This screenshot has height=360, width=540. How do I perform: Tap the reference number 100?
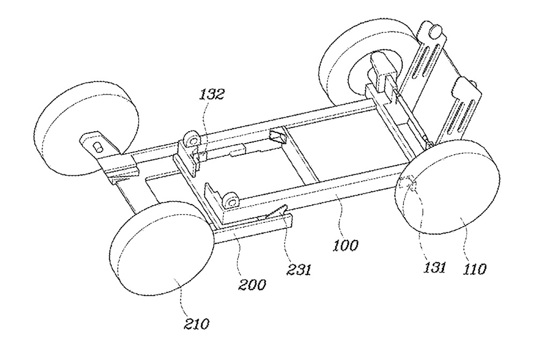tap(345, 246)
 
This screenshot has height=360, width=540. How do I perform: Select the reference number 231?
tap(299, 269)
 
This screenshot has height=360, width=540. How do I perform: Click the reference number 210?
tap(197, 324)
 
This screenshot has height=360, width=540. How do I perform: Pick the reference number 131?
tap(435, 267)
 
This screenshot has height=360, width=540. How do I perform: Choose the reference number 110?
tap(474, 268)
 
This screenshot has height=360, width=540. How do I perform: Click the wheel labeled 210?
tap(161, 248)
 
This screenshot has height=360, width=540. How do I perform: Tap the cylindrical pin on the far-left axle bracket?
tap(98, 147)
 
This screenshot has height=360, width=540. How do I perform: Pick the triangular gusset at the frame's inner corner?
tap(278, 137)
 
